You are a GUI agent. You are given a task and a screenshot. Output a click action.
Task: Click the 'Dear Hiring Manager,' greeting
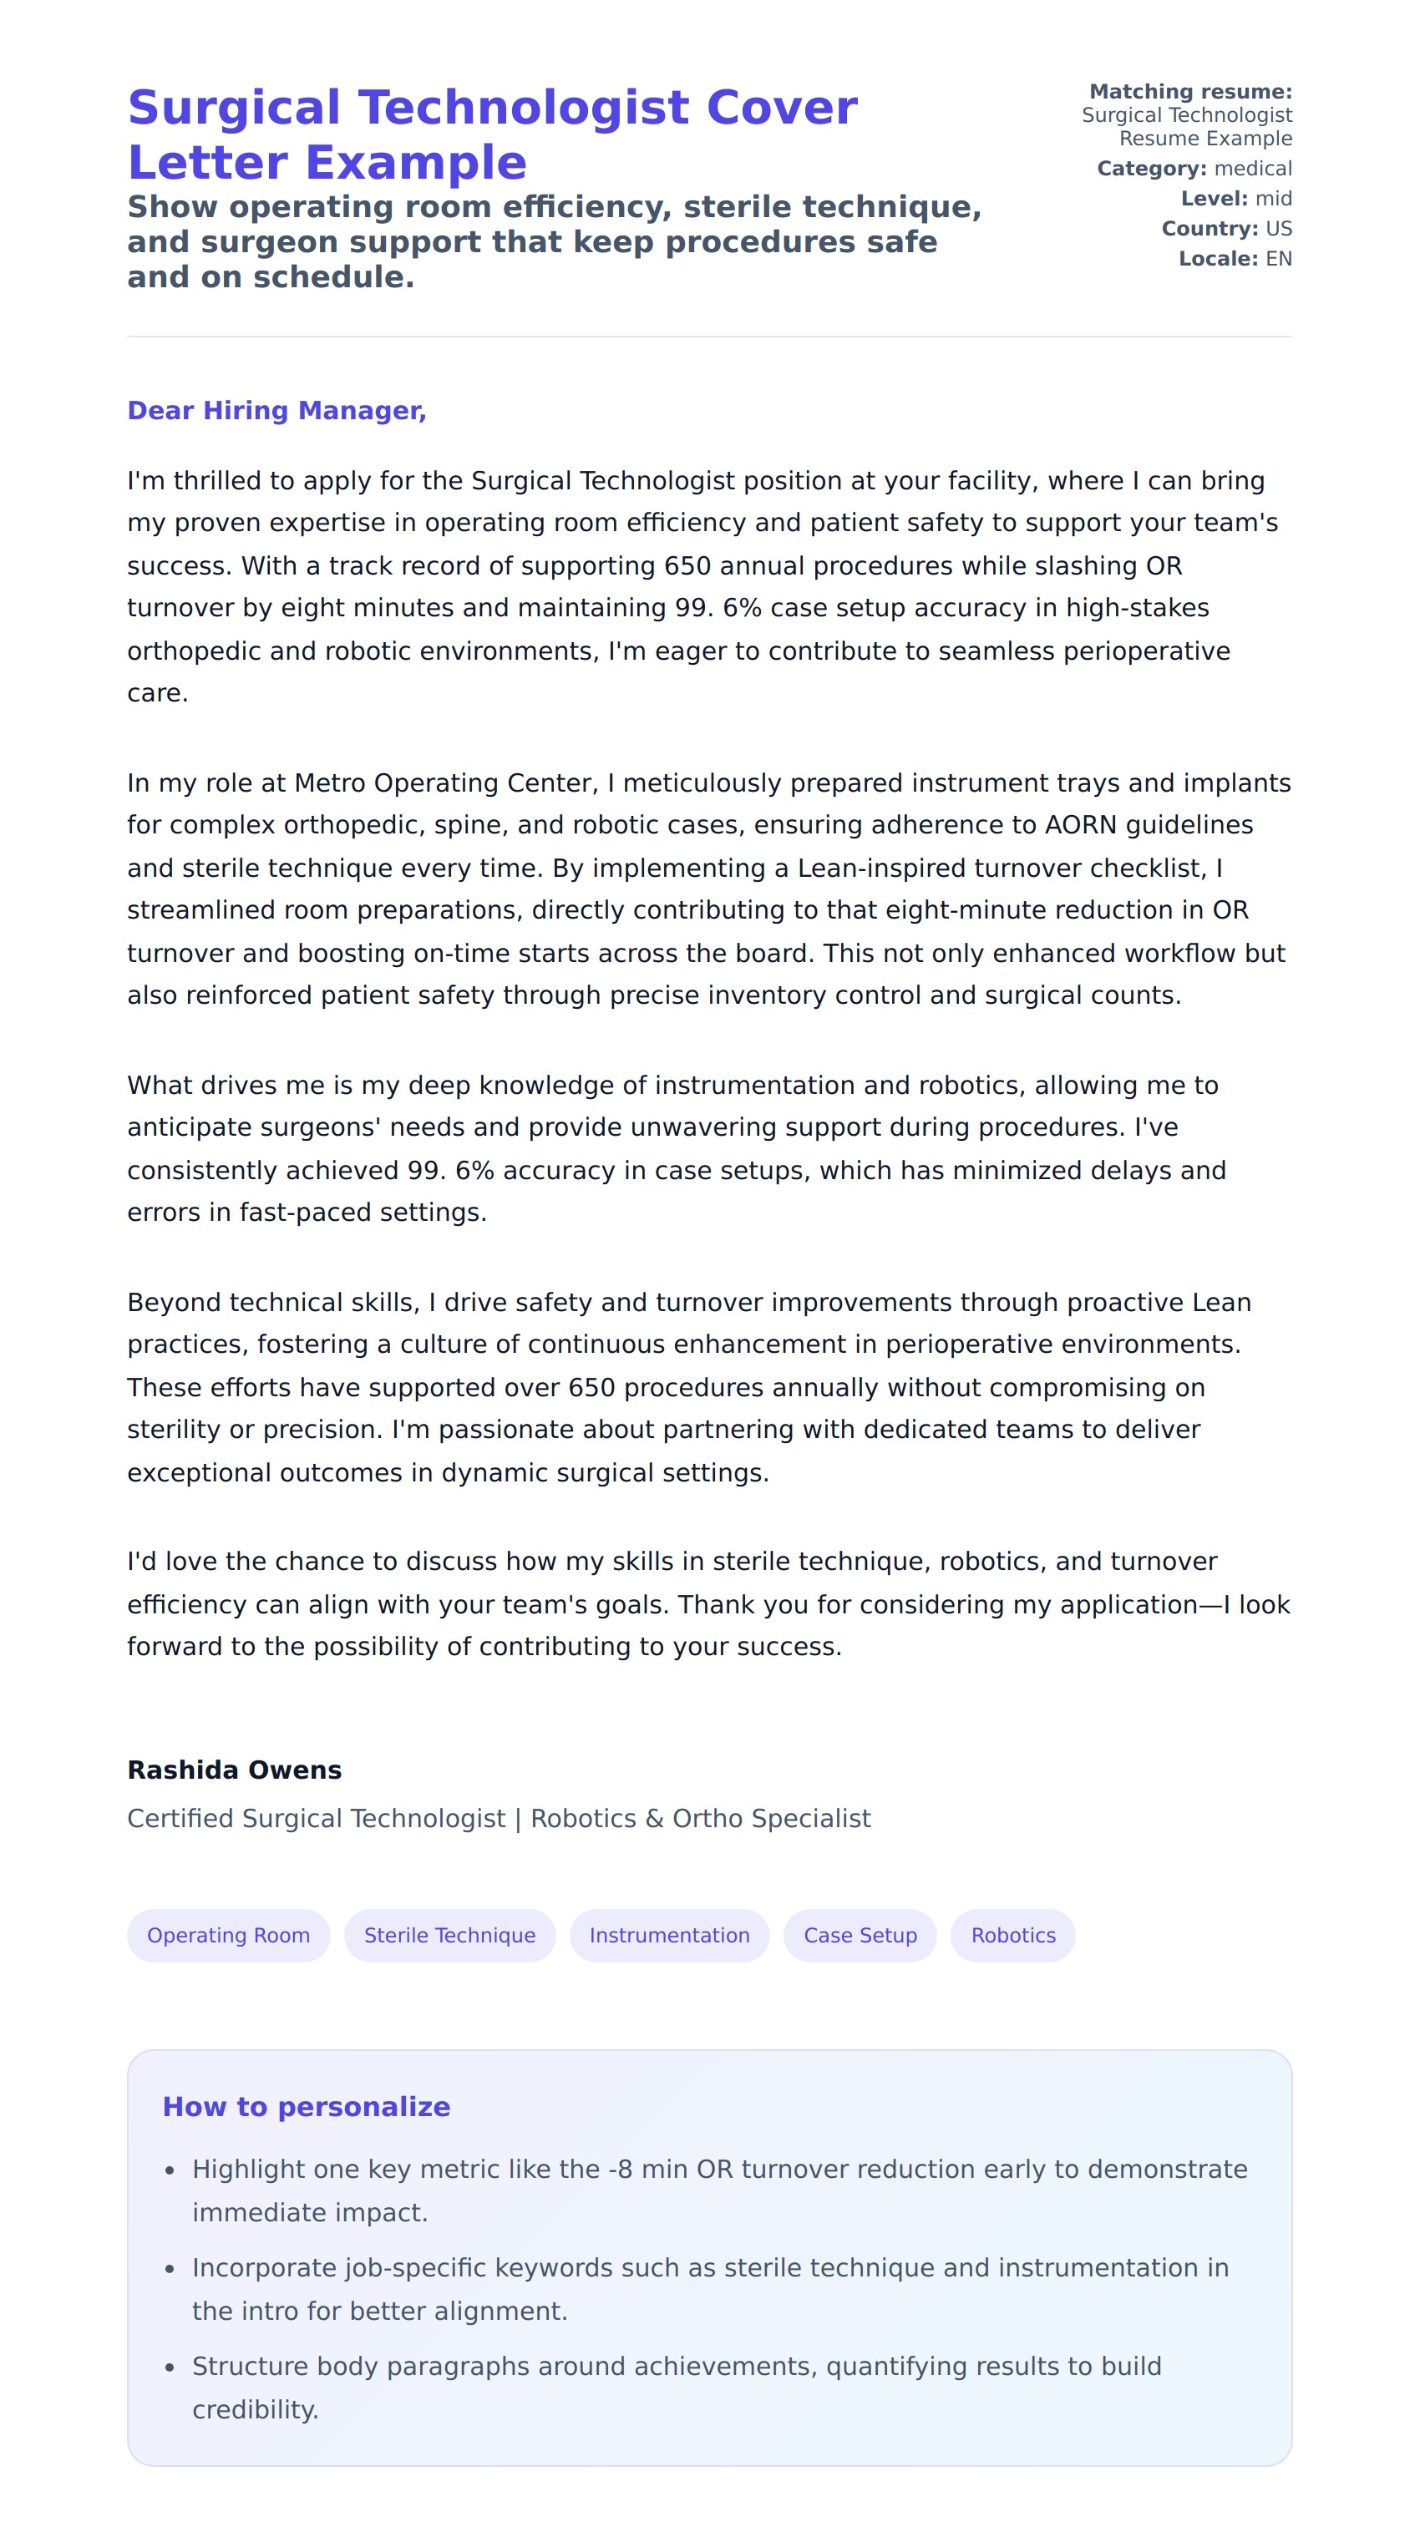point(276,410)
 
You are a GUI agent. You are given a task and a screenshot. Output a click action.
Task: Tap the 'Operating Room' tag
point(228,1935)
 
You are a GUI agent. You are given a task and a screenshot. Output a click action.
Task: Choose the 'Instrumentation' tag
point(669,1935)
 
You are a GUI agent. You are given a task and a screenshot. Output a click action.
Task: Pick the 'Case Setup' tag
point(860,1935)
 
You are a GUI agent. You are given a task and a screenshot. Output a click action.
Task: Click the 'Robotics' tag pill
point(1012,1935)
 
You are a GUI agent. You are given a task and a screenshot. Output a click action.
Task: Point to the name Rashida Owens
point(235,1770)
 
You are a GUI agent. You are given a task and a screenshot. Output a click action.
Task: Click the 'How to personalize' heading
point(306,2107)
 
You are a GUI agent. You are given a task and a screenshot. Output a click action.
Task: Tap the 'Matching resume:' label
point(1189,92)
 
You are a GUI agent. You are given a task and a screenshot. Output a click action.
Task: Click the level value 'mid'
point(1273,199)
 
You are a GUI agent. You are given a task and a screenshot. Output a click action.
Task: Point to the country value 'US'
point(1278,229)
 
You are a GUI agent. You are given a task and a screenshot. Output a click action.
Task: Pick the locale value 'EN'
point(1278,259)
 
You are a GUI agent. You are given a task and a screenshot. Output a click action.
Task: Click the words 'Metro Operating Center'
point(445,783)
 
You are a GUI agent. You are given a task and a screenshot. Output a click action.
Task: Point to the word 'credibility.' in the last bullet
point(255,2409)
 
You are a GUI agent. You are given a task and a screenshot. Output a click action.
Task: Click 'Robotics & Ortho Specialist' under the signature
point(700,1818)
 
